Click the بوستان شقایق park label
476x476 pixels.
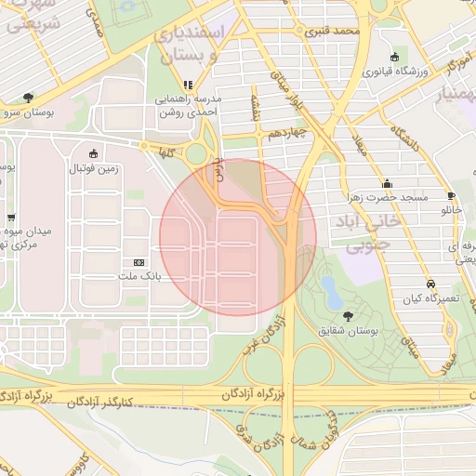[x=350, y=330]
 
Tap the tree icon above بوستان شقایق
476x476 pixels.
[x=349, y=316]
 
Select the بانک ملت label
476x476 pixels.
[x=140, y=276]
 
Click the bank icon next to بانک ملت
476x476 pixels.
[x=139, y=263]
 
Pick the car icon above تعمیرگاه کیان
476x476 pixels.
[x=430, y=284]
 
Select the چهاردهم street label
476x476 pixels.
[x=289, y=133]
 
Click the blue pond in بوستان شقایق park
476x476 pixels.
[x=330, y=291]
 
